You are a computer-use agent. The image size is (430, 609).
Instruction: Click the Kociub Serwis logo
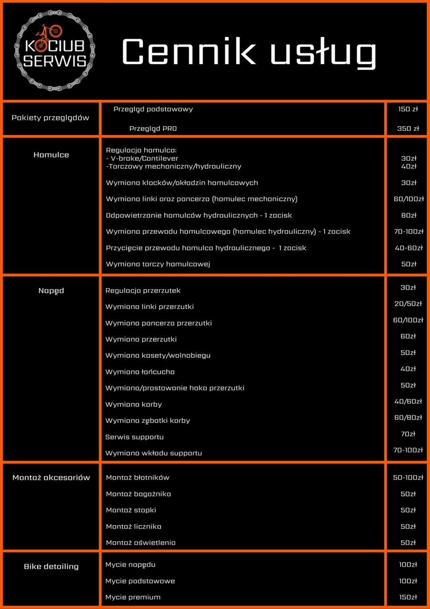[55, 51]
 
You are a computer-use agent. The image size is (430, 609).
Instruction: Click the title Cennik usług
[249, 52]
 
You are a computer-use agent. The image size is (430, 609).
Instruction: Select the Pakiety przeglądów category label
[51, 118]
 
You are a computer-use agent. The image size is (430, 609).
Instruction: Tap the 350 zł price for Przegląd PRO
[408, 128]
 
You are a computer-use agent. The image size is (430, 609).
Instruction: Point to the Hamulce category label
[51, 155]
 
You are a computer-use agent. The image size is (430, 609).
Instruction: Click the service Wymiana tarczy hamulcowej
[158, 264]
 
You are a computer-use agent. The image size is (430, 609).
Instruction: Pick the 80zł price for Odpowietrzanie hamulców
[409, 215]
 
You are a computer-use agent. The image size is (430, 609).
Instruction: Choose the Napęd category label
[51, 291]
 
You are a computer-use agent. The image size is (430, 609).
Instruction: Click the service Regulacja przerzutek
[143, 291]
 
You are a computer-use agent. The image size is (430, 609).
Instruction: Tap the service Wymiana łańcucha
[140, 372]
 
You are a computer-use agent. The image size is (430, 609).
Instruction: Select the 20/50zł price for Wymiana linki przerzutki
[408, 304]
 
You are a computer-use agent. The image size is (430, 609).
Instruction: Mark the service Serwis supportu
[135, 437]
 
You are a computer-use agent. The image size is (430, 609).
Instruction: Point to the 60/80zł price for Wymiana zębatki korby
[408, 418]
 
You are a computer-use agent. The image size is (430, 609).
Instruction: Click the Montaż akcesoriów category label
[51, 478]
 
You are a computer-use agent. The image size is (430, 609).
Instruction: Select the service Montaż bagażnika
[139, 494]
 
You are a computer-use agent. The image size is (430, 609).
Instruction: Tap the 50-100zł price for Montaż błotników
[408, 478]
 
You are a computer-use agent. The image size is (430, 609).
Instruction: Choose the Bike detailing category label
[51, 567]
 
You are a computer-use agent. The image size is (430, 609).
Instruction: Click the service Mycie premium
[133, 597]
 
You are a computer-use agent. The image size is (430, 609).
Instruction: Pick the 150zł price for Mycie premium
[408, 597]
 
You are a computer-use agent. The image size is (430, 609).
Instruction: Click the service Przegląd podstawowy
[153, 109]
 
